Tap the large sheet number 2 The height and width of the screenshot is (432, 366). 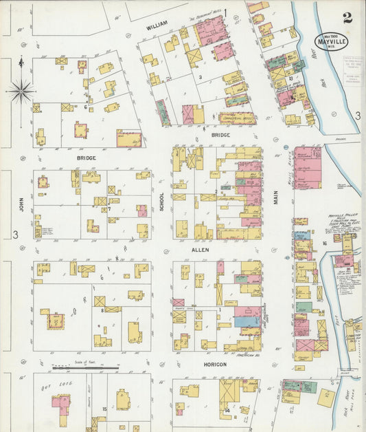click(x=347, y=18)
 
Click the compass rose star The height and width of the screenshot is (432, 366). click(x=21, y=89)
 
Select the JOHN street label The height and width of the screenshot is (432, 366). click(x=21, y=204)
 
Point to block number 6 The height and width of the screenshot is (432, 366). click(x=85, y=107)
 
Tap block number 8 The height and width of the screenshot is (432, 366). click(x=102, y=310)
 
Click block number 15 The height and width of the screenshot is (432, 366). click(x=104, y=409)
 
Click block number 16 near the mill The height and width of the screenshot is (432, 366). click(x=323, y=244)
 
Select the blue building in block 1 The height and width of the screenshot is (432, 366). click(x=247, y=321)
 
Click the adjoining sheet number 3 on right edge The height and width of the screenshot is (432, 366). click(x=358, y=116)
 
